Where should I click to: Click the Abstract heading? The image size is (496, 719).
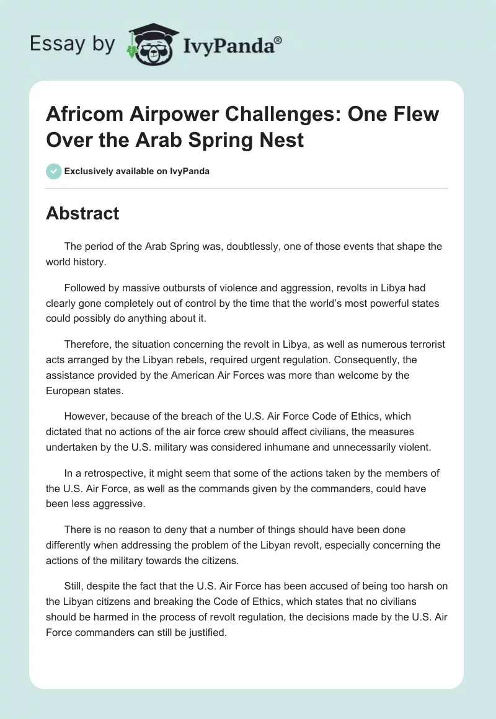click(x=82, y=213)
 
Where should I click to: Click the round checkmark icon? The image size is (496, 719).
click(x=54, y=171)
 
